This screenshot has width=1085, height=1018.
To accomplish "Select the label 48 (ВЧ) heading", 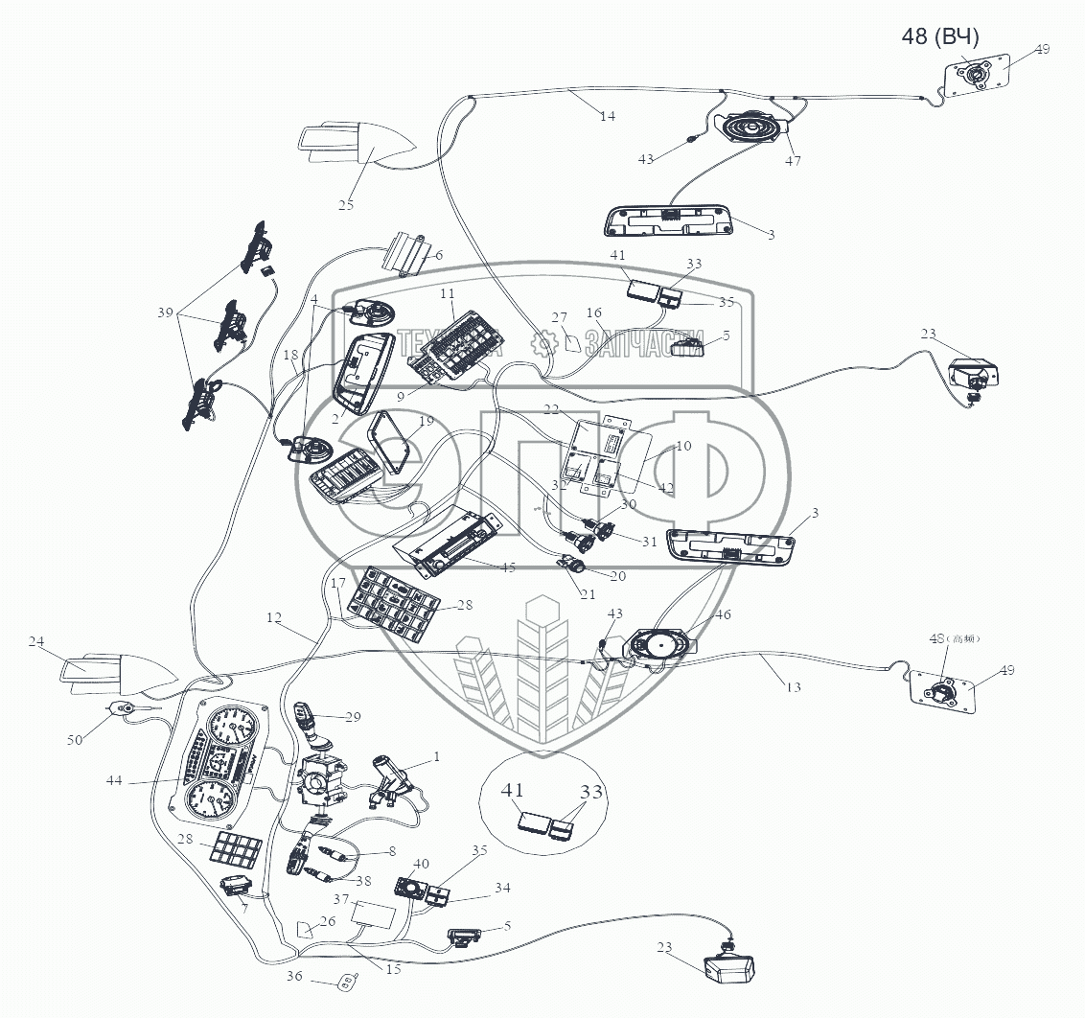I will [939, 37].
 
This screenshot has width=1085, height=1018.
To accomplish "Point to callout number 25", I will [345, 204].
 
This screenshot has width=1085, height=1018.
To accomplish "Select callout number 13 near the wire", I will [793, 687].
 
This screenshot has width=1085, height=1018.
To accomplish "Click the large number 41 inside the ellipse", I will [514, 792].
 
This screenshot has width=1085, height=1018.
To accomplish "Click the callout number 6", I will [438, 255].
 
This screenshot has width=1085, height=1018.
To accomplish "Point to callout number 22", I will [579, 409].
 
